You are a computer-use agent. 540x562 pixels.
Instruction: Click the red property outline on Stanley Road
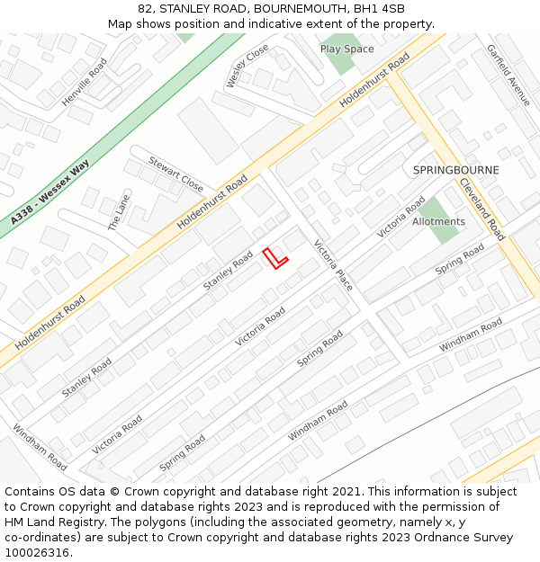(x=274, y=258)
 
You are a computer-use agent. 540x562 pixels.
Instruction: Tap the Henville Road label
(x=85, y=83)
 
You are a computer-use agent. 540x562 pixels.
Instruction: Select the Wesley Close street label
(x=247, y=66)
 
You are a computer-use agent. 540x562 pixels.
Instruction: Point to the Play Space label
(x=346, y=49)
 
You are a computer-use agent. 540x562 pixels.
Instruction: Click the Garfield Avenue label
(x=508, y=75)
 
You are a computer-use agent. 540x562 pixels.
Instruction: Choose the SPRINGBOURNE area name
(x=455, y=170)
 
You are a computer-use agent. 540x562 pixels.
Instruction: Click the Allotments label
(x=438, y=222)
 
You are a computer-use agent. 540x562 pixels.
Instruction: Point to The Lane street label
(x=119, y=214)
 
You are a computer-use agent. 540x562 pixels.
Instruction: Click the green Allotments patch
(x=440, y=219)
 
